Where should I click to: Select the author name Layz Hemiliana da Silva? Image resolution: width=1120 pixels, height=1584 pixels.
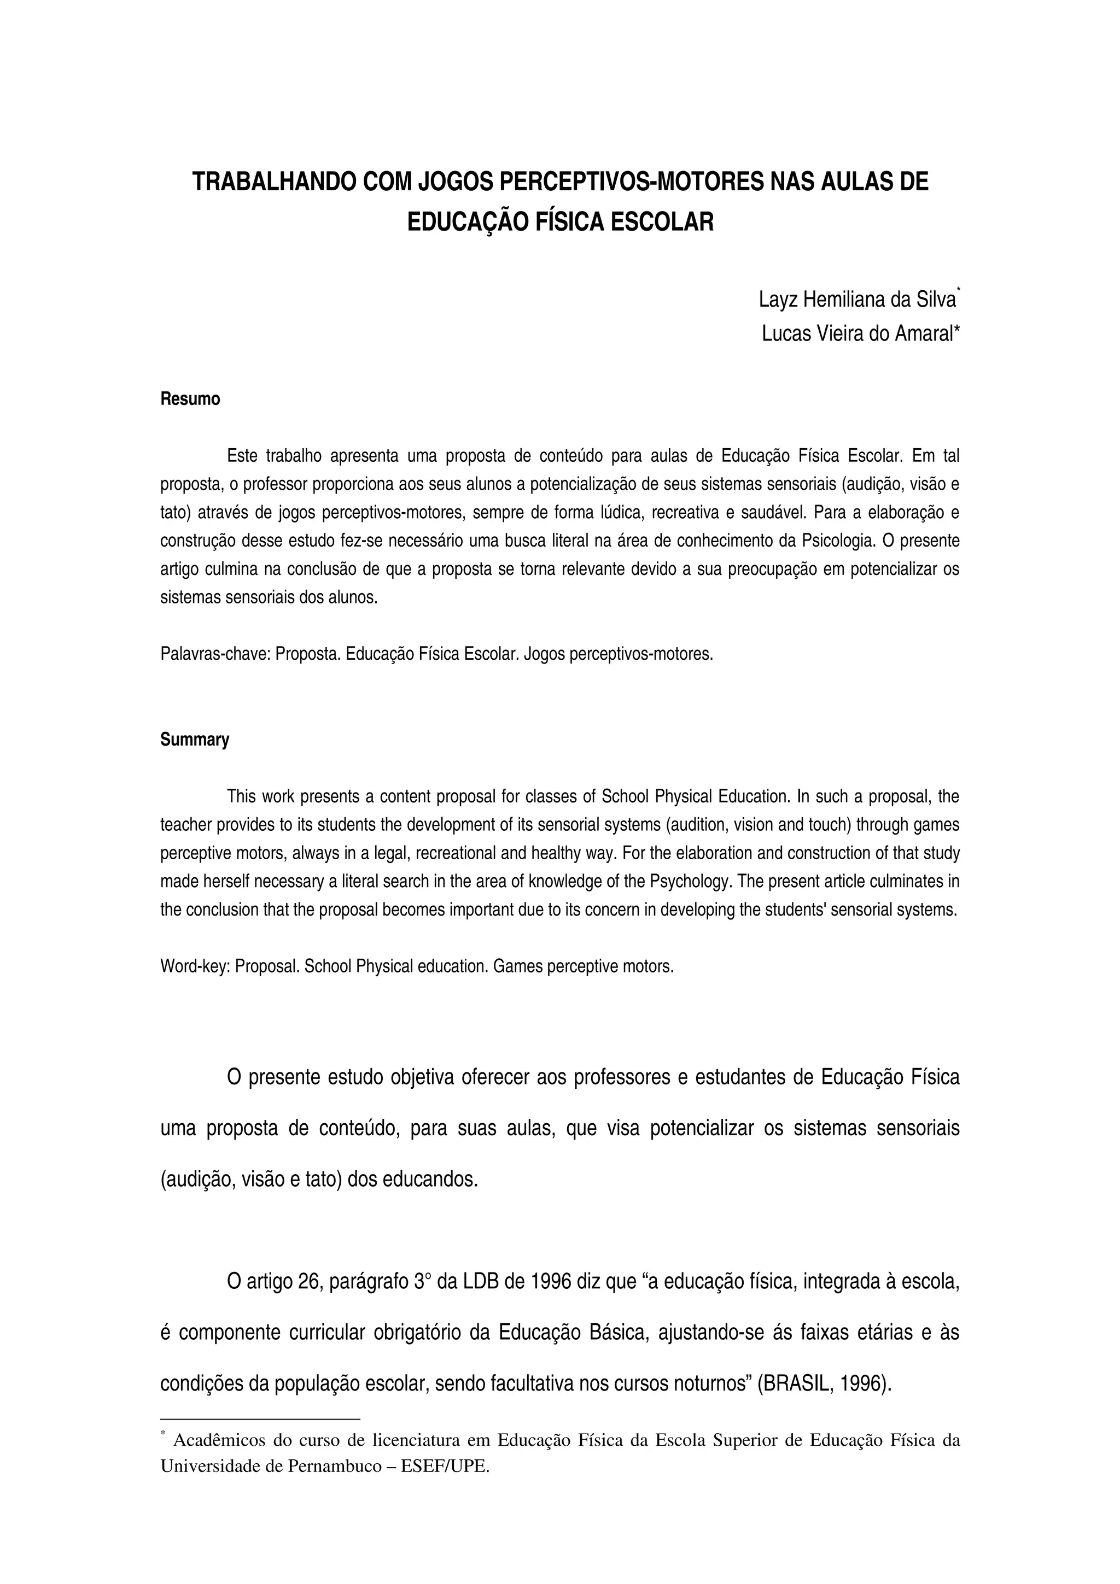pos(857,300)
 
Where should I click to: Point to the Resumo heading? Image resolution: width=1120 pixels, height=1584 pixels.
pos(190,400)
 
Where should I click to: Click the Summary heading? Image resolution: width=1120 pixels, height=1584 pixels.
pos(195,740)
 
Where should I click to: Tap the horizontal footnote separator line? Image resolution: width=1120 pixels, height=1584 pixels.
pos(260,1419)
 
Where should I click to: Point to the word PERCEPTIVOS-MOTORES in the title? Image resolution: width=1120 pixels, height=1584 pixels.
pos(630,181)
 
